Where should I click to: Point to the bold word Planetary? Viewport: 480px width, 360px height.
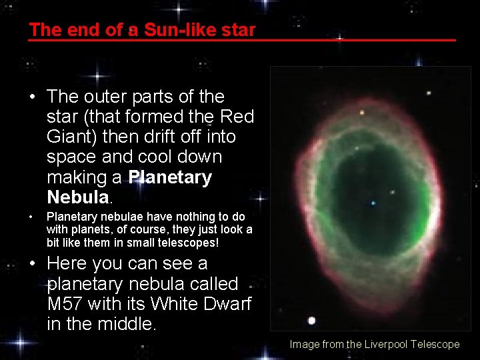tap(170, 177)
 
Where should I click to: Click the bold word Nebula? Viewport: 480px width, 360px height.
tap(77, 197)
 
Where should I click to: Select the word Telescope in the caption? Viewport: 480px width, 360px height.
tap(435, 344)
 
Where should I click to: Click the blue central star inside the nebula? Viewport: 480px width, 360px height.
tap(373, 203)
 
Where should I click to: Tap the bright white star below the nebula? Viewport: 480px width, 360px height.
tap(312, 321)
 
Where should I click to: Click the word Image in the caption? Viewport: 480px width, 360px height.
tap(304, 344)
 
